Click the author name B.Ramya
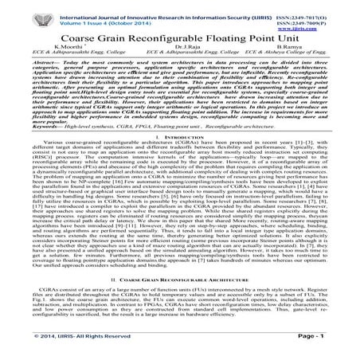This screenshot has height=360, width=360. coord(295,48)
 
